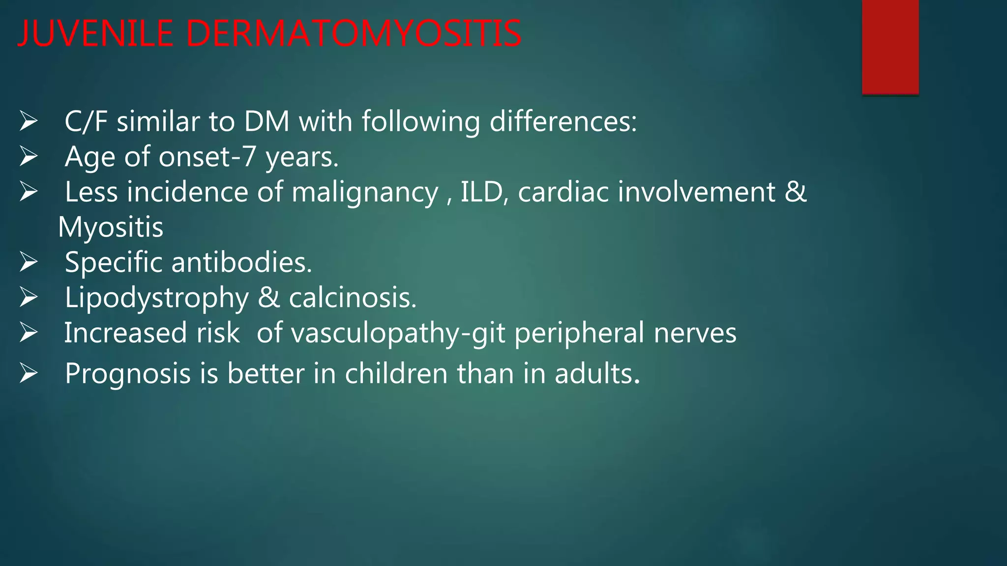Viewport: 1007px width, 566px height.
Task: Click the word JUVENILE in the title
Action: (x=95, y=34)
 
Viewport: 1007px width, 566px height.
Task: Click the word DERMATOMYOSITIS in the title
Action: (x=354, y=34)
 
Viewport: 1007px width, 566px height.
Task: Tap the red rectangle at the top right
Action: (x=890, y=47)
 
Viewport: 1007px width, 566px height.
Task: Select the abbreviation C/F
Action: (x=86, y=121)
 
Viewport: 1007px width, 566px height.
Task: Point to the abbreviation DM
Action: (x=267, y=121)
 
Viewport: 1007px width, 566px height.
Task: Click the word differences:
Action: (x=563, y=121)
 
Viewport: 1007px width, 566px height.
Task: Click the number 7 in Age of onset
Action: (x=249, y=157)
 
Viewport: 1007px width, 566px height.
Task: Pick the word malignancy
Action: (x=364, y=192)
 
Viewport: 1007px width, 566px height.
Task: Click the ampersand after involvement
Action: (x=795, y=192)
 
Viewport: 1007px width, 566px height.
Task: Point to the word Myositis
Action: (x=111, y=227)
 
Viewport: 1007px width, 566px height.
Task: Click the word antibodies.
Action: (x=241, y=263)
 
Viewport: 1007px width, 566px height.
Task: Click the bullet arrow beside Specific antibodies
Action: (x=29, y=262)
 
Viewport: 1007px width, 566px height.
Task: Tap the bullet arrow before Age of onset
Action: (x=29, y=157)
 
